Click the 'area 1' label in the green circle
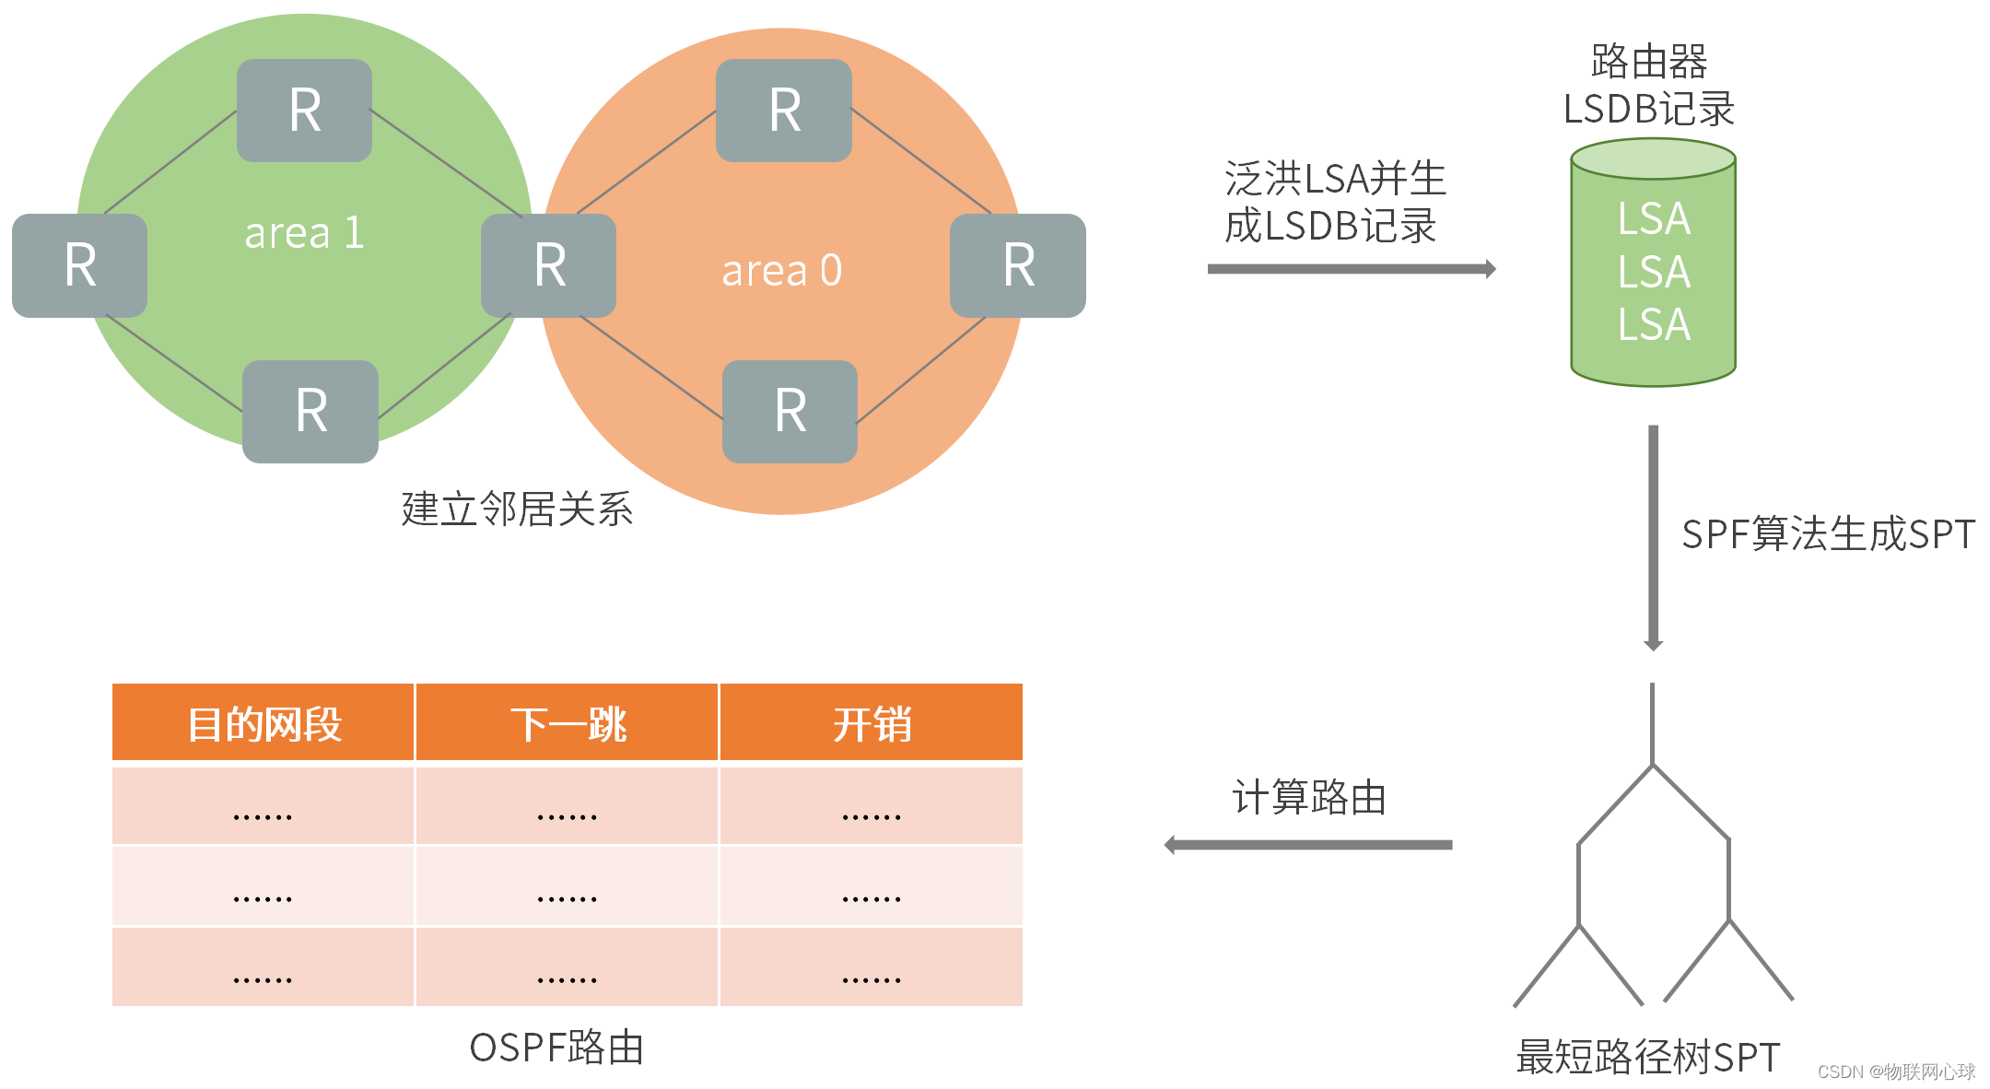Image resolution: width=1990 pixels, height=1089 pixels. click(304, 233)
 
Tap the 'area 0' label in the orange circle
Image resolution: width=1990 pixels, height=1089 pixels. click(781, 271)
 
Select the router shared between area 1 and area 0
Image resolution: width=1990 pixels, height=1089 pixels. click(549, 265)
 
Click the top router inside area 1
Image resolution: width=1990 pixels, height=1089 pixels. click(305, 111)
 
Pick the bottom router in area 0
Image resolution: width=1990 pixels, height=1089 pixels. click(790, 411)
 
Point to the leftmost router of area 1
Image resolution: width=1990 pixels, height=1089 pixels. click(80, 265)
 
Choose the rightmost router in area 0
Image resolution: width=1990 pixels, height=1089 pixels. click(1018, 265)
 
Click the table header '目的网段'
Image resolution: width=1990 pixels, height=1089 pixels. click(263, 724)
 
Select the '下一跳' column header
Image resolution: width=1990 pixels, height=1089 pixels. click(568, 724)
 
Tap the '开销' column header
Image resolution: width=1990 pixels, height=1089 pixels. click(872, 724)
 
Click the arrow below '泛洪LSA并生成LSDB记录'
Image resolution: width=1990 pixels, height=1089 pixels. click(1351, 269)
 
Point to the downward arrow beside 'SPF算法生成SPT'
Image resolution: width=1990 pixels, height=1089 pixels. click(1654, 538)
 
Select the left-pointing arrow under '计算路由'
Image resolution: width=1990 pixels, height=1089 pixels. click(1308, 845)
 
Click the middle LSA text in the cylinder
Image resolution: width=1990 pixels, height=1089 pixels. click(1654, 272)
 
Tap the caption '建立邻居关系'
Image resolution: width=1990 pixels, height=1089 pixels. click(517, 509)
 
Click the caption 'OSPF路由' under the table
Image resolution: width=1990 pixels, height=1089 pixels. click(556, 1048)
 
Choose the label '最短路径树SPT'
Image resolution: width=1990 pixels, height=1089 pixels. click(1647, 1057)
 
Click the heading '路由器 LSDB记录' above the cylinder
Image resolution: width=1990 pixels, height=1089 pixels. click(1649, 86)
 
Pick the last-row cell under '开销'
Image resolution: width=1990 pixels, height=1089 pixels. click(872, 967)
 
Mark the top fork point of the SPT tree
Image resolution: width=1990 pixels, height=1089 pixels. click(1653, 766)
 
